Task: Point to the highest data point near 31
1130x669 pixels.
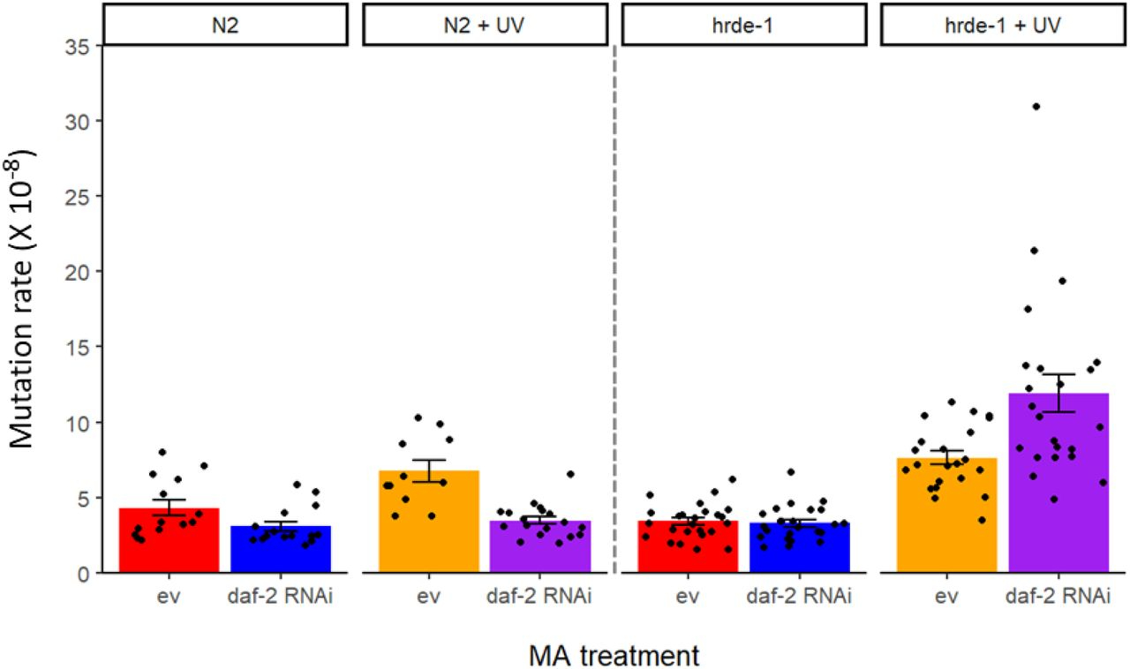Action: [x=1036, y=106]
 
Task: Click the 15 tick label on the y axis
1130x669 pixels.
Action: [x=77, y=347]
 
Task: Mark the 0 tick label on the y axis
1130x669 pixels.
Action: [x=82, y=573]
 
